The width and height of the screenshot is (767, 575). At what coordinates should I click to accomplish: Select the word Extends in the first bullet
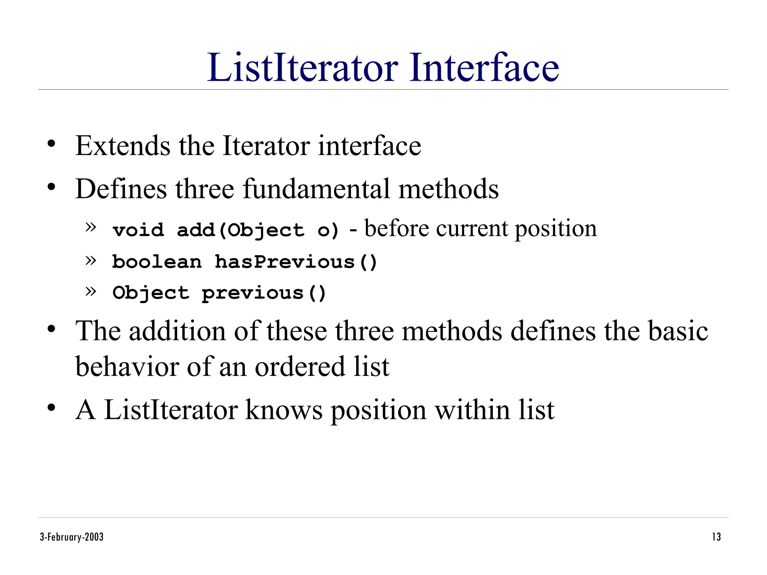[123, 146]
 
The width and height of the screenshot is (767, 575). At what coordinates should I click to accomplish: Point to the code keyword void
[138, 229]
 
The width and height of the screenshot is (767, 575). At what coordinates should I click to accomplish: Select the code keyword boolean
[157, 262]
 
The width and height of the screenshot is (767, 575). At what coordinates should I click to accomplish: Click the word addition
[178, 331]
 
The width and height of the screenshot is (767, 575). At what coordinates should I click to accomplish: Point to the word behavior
[127, 366]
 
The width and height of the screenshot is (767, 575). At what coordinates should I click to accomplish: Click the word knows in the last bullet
[284, 410]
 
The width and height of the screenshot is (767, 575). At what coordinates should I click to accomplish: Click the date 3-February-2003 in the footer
[72, 537]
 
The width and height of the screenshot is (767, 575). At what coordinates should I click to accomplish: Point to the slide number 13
[716, 537]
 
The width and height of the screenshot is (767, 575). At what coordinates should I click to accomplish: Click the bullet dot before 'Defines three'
[51, 187]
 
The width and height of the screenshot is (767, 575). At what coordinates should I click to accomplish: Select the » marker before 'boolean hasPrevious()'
[91, 260]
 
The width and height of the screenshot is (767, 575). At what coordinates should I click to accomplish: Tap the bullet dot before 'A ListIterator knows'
[51, 408]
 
